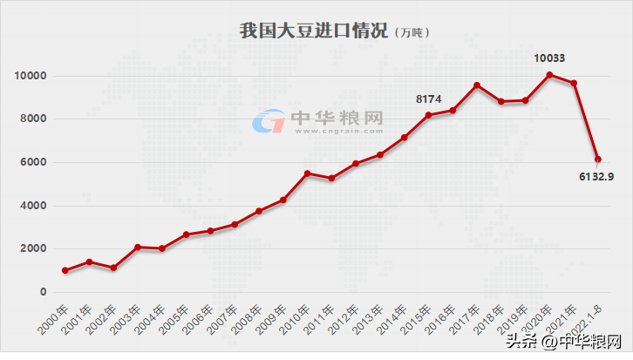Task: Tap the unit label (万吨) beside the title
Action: click(x=411, y=33)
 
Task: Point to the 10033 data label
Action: click(x=549, y=58)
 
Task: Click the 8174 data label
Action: click(x=428, y=99)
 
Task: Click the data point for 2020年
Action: click(x=549, y=75)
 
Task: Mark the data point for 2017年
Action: click(x=477, y=85)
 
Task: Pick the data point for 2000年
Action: click(x=65, y=270)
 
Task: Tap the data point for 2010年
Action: click(x=307, y=173)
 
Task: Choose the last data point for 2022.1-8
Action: click(x=598, y=160)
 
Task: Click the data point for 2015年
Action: click(x=428, y=115)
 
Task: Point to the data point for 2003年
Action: click(x=138, y=248)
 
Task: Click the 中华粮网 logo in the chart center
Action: click(x=317, y=120)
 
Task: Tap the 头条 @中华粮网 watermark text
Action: click(x=571, y=341)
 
